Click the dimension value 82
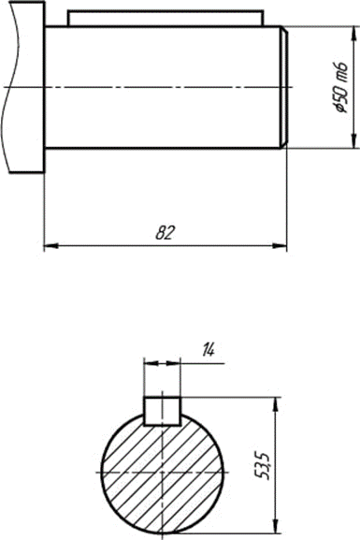(166, 233)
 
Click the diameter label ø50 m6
(341, 87)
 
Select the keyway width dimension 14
(209, 350)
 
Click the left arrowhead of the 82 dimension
(50, 246)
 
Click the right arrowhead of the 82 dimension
(280, 246)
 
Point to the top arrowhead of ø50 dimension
(353, 34)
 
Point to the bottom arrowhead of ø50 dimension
(353, 141)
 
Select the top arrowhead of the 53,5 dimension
(275, 404)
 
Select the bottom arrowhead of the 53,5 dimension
(275, 526)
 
